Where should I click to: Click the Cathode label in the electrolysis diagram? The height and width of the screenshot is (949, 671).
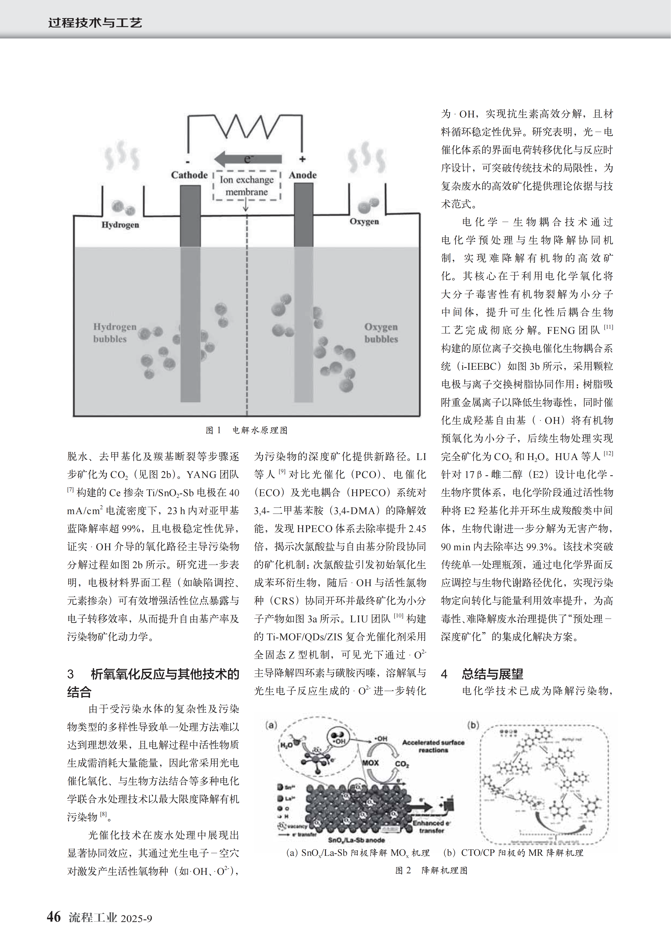[x=189, y=175]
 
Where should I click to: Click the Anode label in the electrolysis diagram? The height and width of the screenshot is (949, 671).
[x=303, y=175]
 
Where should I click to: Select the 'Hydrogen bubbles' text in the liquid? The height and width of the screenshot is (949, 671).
[x=115, y=333]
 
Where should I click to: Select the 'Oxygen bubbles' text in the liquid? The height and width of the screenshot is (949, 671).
[x=381, y=333]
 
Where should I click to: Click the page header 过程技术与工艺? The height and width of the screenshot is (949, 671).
[x=95, y=22]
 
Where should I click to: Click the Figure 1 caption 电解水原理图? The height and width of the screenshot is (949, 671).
[x=260, y=430]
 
